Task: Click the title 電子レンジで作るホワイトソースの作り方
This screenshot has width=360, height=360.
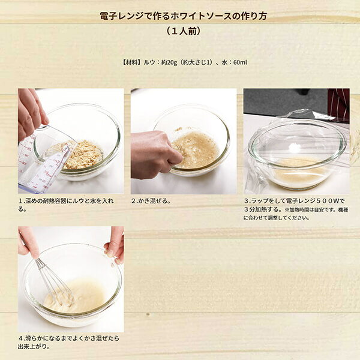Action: pos(183,16)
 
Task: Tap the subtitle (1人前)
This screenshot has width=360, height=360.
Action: pos(183,31)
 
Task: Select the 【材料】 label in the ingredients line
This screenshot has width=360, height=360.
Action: pos(132,62)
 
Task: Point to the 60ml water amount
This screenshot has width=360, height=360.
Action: pos(240,62)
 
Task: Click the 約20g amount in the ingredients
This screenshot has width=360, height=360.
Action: pos(169,62)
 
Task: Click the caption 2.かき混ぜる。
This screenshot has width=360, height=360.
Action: pos(151,201)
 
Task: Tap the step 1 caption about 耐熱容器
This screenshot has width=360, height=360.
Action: pos(66,205)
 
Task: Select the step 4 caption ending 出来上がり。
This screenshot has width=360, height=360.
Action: pos(68,343)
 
